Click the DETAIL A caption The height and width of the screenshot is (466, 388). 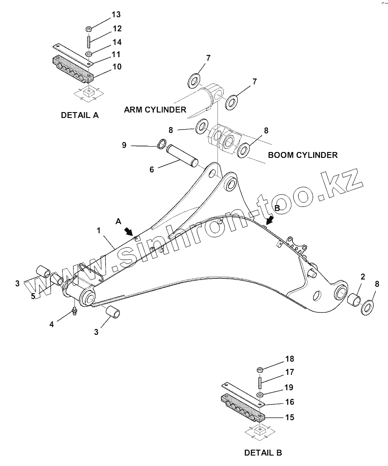(79, 115)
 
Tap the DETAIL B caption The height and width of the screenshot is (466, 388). (263, 452)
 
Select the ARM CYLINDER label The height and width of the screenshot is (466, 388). (155, 109)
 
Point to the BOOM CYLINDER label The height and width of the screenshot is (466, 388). (303, 155)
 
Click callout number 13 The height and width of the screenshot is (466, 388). (117, 15)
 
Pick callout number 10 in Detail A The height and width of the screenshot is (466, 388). (117, 67)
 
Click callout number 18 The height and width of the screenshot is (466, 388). (290, 359)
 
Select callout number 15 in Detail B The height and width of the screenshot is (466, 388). (289, 417)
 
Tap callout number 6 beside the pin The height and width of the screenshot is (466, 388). (152, 169)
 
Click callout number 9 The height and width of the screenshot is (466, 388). (124, 145)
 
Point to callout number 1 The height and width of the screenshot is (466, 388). (98, 231)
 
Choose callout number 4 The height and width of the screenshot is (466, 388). (52, 324)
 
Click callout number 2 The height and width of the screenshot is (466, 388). (363, 277)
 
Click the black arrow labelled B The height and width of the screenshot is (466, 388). (270, 221)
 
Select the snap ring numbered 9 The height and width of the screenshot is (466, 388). (161, 145)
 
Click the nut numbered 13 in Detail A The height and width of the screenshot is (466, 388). (89, 29)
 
